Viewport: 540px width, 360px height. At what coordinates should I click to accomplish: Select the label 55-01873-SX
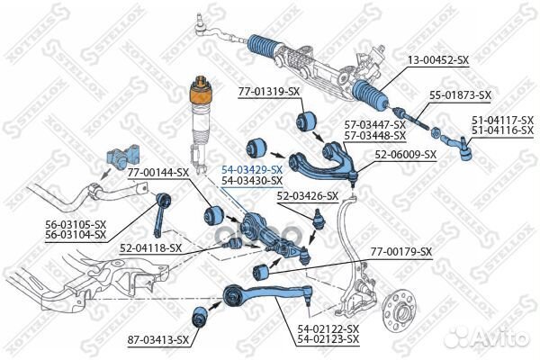point(459,94)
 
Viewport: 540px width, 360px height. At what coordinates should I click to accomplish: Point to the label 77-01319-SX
point(268,92)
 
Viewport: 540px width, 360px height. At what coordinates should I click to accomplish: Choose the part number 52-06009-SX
point(405,154)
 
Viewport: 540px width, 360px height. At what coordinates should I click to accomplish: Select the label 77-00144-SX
point(158,171)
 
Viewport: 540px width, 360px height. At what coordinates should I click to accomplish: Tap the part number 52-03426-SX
point(308,195)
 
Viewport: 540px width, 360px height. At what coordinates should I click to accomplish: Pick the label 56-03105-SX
point(76,225)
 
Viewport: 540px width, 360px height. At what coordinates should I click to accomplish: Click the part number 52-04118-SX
point(151,247)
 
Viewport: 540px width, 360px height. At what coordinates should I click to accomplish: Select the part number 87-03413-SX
point(157,339)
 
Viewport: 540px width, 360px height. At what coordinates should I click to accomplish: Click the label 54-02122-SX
point(328,329)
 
